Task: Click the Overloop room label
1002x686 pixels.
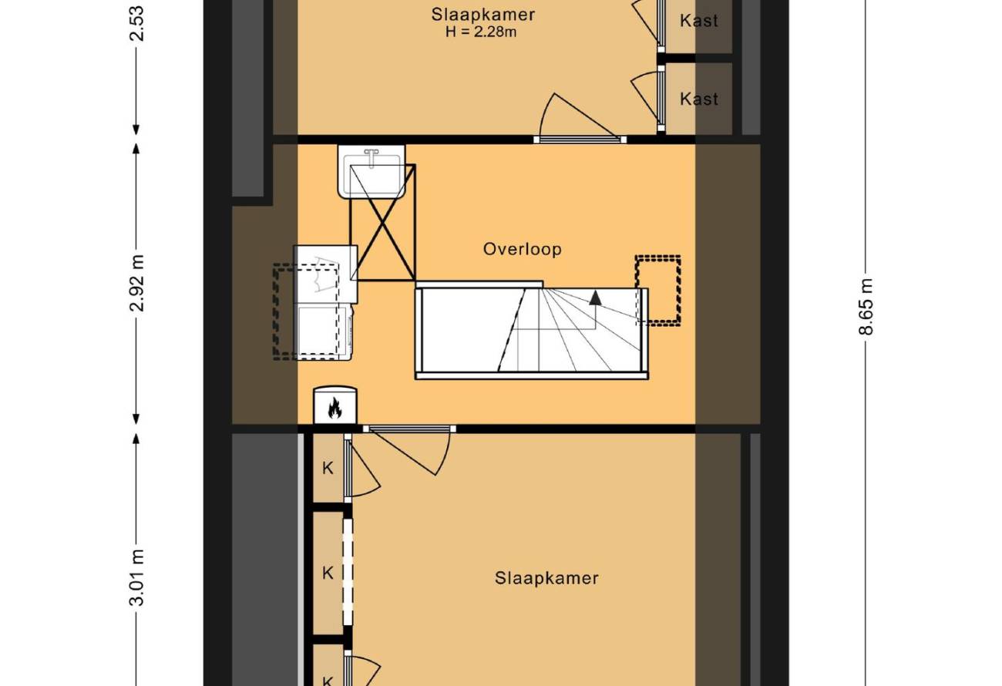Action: tap(522, 249)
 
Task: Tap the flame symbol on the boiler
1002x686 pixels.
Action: tap(335, 408)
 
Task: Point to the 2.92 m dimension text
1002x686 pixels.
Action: tap(136, 283)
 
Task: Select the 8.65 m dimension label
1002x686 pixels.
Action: tap(866, 307)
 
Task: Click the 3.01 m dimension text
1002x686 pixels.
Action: tap(136, 577)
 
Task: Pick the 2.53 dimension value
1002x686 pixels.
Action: tap(136, 23)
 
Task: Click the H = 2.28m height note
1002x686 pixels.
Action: tap(481, 32)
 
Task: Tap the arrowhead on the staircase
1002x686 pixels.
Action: tap(595, 298)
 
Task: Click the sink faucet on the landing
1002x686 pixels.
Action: tap(372, 157)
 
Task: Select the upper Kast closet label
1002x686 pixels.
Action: tap(699, 21)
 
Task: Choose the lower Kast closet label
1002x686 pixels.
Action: tap(699, 99)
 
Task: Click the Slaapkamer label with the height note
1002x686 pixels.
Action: tap(483, 15)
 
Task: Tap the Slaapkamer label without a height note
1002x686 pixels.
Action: tap(546, 578)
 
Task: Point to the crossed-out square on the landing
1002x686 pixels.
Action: tap(383, 222)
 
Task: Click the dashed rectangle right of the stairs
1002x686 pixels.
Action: tap(658, 291)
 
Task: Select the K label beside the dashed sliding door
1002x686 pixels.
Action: tap(328, 573)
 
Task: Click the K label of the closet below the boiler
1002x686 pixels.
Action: tap(328, 468)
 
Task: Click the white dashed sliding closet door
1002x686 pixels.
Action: tap(348, 572)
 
